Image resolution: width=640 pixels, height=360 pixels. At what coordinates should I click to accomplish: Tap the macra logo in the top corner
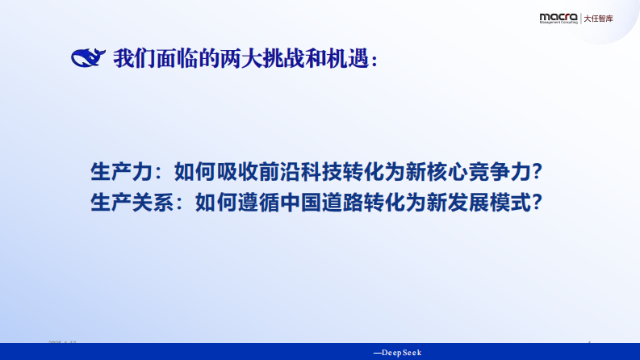click(558, 18)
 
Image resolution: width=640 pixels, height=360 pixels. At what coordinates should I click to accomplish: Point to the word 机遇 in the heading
click(348, 59)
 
